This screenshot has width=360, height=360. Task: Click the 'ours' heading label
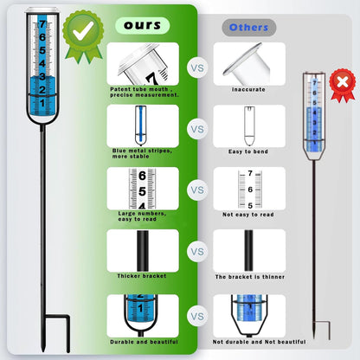[x=142, y=25]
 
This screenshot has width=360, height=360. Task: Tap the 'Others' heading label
[x=248, y=28]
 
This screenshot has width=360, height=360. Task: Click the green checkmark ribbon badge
[x=83, y=36]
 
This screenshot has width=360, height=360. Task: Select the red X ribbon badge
[x=343, y=85]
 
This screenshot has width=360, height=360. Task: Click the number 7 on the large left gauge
[x=42, y=24]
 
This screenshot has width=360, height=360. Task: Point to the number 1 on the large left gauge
[x=42, y=103]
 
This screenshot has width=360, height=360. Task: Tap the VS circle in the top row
[x=197, y=68]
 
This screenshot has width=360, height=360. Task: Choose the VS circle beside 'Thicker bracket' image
[x=197, y=252]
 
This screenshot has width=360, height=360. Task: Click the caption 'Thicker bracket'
[x=142, y=276]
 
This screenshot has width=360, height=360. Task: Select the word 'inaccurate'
[x=248, y=89]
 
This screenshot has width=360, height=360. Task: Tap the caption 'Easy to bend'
[x=248, y=151]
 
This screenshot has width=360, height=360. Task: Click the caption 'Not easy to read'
[x=248, y=215]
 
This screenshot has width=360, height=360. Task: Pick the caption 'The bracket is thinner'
[x=250, y=277]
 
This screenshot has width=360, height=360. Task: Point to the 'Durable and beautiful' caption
[x=144, y=342]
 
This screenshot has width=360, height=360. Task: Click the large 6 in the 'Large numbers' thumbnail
[x=142, y=176]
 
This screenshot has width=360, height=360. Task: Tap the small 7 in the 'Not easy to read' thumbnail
[x=250, y=173]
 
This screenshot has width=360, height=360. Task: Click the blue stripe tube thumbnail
[x=140, y=125]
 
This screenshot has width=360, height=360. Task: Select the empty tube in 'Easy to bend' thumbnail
[x=249, y=126]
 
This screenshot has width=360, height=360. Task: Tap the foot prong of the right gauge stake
[x=322, y=331]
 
